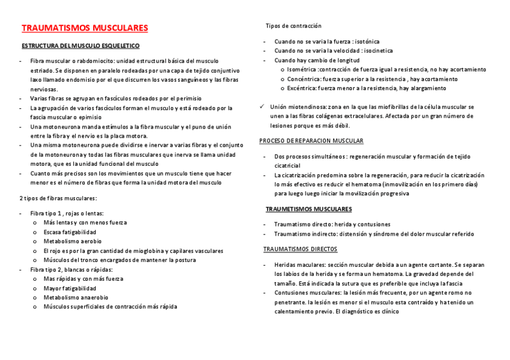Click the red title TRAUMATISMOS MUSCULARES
(x=85, y=28)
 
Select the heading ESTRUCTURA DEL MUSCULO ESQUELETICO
(x=81, y=46)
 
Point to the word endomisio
(x=85, y=79)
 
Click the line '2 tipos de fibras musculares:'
(x=58, y=198)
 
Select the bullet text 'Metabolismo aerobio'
(x=73, y=242)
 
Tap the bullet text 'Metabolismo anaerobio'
(x=76, y=297)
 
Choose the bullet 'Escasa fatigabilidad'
(x=70, y=232)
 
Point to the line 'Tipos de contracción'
(x=293, y=26)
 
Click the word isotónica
(x=367, y=41)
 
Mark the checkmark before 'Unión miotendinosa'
(x=262, y=106)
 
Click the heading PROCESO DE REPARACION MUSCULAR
(x=311, y=141)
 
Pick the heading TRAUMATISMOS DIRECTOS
(x=301, y=249)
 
